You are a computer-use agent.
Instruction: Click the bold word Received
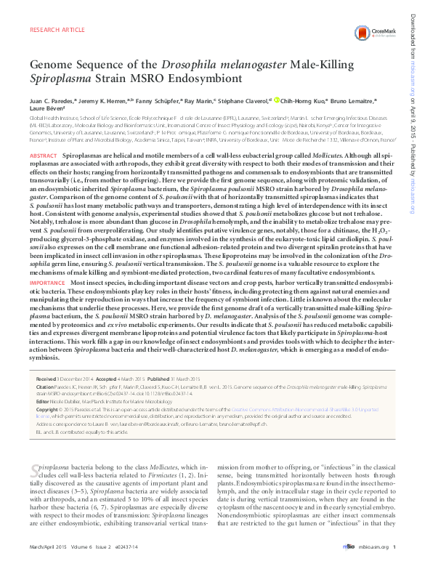coord(45,359)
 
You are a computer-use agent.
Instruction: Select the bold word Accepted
coord(106,359)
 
